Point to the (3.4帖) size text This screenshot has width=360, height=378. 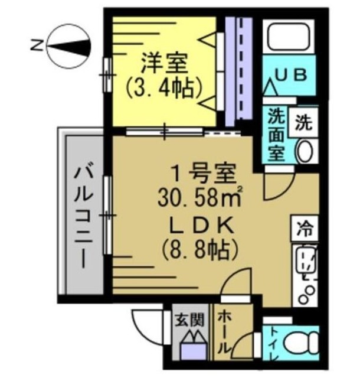click(x=163, y=89)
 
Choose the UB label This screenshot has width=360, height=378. click(x=293, y=75)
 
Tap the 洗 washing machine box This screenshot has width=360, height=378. click(x=304, y=123)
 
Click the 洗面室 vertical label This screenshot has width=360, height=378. click(x=275, y=134)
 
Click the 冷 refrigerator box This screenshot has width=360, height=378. click(x=305, y=227)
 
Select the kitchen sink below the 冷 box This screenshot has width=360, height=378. click(x=305, y=260)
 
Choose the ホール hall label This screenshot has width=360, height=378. click(x=225, y=334)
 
